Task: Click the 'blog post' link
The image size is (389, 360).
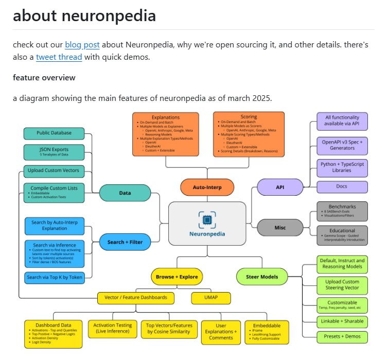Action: tap(82, 44)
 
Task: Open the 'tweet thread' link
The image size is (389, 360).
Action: tap(59, 57)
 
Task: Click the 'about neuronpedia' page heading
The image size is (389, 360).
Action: tap(84, 15)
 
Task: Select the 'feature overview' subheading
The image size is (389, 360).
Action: tap(44, 78)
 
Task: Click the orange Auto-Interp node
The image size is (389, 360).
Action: tap(207, 187)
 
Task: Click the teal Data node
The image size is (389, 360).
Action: tap(125, 193)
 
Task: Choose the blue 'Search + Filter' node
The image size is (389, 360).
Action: tap(125, 242)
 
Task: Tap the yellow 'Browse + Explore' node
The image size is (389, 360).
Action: tap(176, 277)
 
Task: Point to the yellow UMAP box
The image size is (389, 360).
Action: tap(210, 298)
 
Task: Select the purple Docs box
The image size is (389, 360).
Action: tap(342, 187)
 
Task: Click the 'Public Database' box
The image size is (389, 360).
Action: tap(54, 133)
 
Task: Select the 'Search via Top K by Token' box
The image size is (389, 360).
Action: tap(54, 278)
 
